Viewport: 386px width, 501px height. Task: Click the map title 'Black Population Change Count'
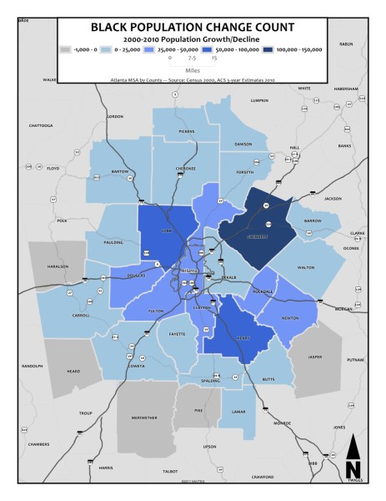coord(193,26)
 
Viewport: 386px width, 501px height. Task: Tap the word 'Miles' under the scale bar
coord(193,72)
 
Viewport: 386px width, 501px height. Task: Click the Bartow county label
coord(120,171)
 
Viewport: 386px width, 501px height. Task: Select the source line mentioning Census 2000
coord(193,81)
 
